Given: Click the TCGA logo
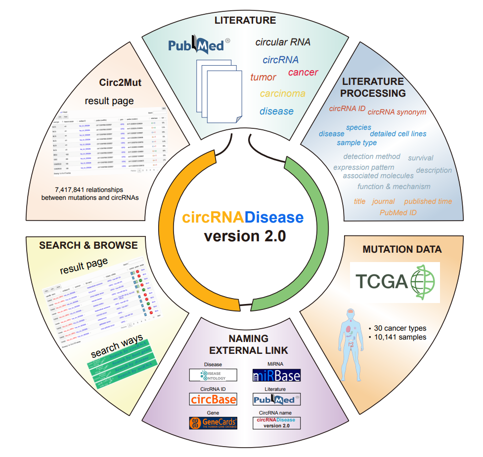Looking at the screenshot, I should [394, 282].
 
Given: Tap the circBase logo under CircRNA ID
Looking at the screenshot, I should [213, 398].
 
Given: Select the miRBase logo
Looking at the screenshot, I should [276, 376].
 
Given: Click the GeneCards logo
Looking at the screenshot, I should [213, 422].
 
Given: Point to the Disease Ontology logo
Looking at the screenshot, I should [213, 376].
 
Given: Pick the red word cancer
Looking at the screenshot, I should [303, 73].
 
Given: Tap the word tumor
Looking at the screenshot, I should [263, 77].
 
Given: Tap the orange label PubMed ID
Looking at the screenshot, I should [398, 213].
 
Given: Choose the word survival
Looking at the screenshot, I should [420, 158].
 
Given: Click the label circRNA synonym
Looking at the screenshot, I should [396, 112].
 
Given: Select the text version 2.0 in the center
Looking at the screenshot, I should [245, 235].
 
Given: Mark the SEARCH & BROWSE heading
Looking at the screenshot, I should [88, 245].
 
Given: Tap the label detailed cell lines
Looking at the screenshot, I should [398, 134].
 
